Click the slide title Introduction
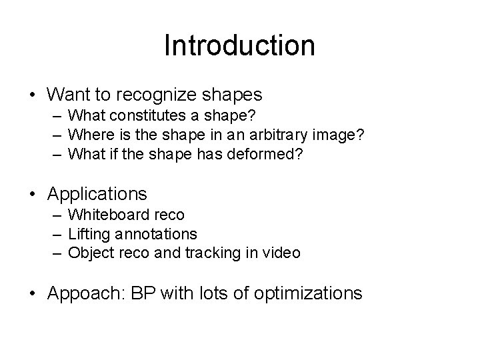(239, 45)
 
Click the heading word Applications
(97, 194)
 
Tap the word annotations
(156, 235)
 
